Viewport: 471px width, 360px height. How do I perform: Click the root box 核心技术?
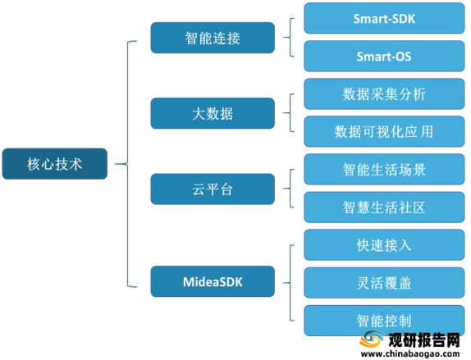pos(55,164)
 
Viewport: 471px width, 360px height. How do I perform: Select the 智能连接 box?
pos(213,38)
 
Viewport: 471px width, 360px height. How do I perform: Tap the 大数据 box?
pos(213,113)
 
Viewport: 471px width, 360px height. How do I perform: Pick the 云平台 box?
pos(213,189)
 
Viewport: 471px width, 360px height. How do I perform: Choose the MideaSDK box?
pos(213,281)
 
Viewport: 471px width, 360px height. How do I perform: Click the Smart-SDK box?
pos(384,18)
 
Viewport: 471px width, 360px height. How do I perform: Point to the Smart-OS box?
pos(384,56)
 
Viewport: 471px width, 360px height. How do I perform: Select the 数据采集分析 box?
pos(384,94)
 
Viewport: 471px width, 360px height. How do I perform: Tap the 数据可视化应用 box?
pos(384,131)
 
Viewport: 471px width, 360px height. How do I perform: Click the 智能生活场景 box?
pos(384,170)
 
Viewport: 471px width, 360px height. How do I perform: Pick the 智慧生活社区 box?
pos(384,207)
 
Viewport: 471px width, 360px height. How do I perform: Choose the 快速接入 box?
pos(384,245)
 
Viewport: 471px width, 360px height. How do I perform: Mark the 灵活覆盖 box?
pos(384,283)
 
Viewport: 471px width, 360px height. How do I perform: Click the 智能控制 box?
pos(384,321)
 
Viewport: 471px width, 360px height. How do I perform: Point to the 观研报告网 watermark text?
pos(424,340)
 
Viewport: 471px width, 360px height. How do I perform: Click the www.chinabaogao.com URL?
pos(410,353)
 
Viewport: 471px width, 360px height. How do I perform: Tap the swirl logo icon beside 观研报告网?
pos(373,339)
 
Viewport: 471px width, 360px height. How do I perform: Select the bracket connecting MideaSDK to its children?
pos(290,283)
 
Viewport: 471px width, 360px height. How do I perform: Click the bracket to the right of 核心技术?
pos(128,164)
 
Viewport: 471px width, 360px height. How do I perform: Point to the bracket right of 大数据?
pos(290,113)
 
